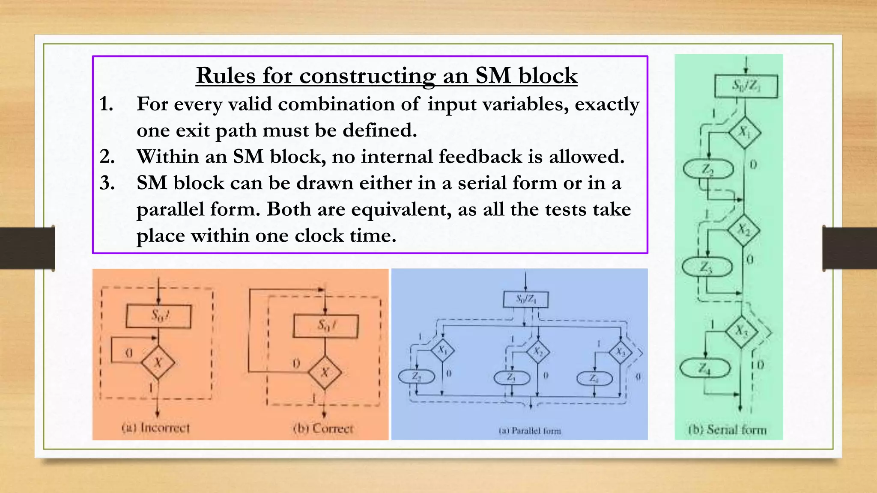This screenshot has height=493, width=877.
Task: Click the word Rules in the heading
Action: coord(225,76)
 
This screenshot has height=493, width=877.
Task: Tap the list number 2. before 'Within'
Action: coord(107,157)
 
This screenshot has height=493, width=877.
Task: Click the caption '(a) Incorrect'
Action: coord(155,427)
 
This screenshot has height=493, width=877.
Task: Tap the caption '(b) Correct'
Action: coord(323,428)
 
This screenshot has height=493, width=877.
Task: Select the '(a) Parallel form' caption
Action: coord(530,431)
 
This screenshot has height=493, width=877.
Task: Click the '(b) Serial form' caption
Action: coord(728,429)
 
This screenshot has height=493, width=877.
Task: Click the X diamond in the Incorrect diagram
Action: coord(158,362)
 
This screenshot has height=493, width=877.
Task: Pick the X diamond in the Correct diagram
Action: coord(325,372)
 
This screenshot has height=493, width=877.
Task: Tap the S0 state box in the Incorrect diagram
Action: coord(159,316)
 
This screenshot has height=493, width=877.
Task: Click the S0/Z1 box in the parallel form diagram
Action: coord(525,299)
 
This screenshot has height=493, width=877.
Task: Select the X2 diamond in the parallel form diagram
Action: coord(538,352)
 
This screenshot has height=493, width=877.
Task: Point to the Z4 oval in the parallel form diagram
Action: coord(594,378)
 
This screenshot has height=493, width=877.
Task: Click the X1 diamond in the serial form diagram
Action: coord(745,132)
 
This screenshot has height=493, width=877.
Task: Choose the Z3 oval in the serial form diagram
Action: coord(707,267)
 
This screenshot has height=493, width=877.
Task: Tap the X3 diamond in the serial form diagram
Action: coord(742,330)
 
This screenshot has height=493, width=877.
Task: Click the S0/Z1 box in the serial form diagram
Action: coord(746,86)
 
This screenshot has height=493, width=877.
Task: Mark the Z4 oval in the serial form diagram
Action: coord(705,368)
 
